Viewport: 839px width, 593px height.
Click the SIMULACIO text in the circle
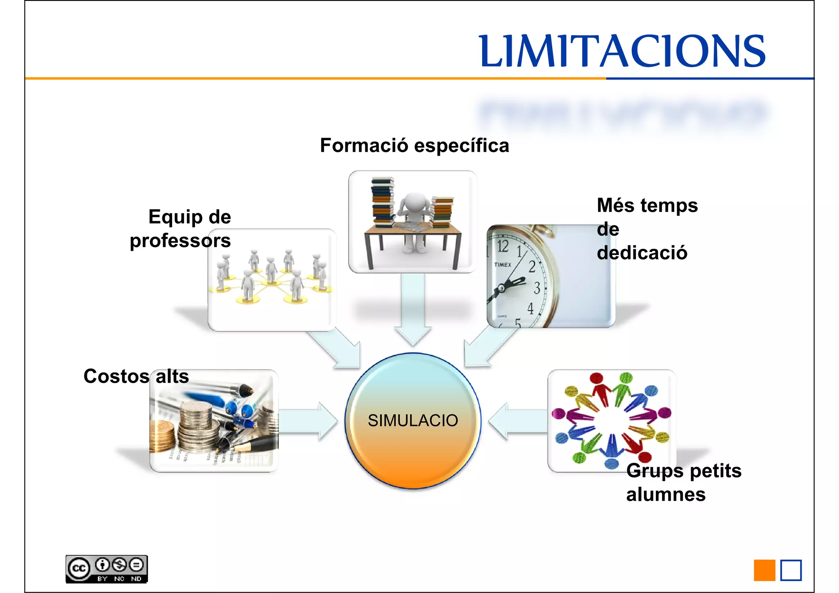pos(413,420)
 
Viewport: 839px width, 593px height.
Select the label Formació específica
pos(414,145)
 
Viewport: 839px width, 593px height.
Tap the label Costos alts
pos(136,376)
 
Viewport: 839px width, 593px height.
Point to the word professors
pos(180,241)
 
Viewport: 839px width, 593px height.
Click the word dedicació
pos(642,252)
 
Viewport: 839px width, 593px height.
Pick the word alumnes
pos(666,494)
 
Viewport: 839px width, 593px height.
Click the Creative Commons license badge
pos(107,569)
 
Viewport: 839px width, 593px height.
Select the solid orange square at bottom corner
pos(764,570)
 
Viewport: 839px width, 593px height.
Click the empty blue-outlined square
pos(791,570)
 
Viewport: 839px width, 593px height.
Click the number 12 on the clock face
pos(503,246)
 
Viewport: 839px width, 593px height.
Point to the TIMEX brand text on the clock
pos(503,265)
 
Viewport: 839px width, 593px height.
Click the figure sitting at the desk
pos(415,217)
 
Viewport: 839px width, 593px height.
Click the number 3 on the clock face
pos(537,288)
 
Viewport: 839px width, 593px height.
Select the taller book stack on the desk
pos(383,202)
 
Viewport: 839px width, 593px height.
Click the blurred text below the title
pos(622,113)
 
